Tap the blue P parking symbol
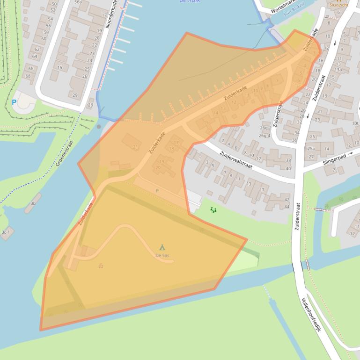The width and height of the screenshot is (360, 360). (14, 102)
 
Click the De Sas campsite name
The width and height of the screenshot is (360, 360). (162, 255)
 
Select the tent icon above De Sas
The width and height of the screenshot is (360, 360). (162, 247)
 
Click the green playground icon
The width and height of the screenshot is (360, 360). (213, 210)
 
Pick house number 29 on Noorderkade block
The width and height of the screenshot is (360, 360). (75, 95)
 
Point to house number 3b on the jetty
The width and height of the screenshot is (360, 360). (33, 203)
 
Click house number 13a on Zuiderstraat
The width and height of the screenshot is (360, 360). (338, 70)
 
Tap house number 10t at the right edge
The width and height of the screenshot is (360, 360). (355, 123)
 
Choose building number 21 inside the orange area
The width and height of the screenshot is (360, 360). (136, 147)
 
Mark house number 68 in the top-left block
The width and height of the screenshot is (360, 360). (29, 76)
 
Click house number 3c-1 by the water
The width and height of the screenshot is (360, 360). (6, 231)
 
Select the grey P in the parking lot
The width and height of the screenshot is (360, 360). (157, 191)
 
